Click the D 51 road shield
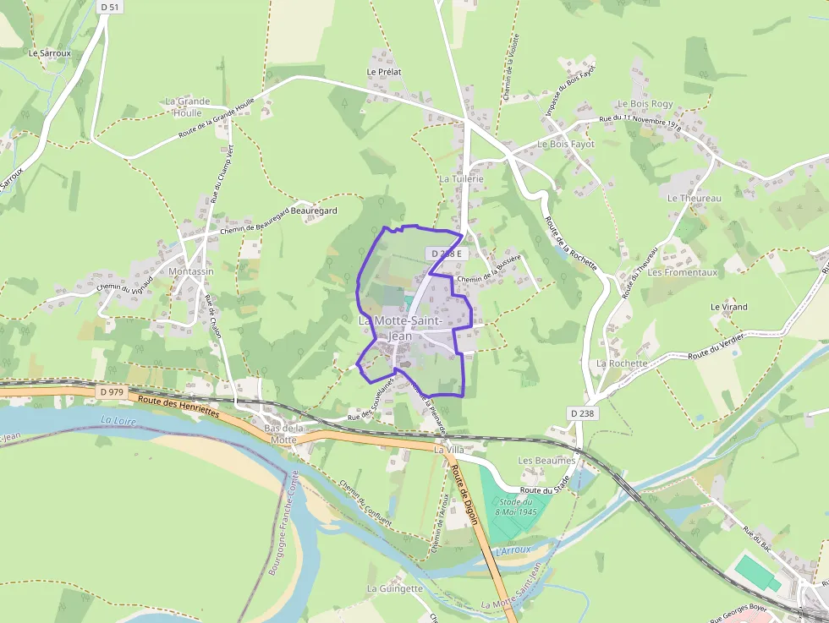pyautogui.click(x=107, y=7)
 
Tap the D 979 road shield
pyautogui.click(x=111, y=392)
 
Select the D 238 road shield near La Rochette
pyautogui.click(x=583, y=413)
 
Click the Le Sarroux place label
pyautogui.click(x=50, y=52)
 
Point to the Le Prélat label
pyautogui.click(x=383, y=73)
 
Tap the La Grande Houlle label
pyautogui.click(x=188, y=107)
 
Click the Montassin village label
pyautogui.click(x=191, y=271)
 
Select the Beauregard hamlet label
pyautogui.click(x=315, y=210)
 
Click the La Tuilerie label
pyautogui.click(x=461, y=179)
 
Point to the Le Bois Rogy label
pyautogui.click(x=645, y=104)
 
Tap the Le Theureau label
pyautogui.click(x=694, y=198)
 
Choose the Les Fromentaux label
pyautogui.click(x=682, y=272)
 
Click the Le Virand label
pyautogui.click(x=728, y=307)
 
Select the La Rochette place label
pyautogui.click(x=622, y=363)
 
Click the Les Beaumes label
pyautogui.click(x=546, y=461)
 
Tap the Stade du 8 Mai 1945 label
pyautogui.click(x=517, y=507)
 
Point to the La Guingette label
pyautogui.click(x=394, y=588)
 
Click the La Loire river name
pyautogui.click(x=118, y=419)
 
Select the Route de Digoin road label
pyautogui.click(x=464, y=495)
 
